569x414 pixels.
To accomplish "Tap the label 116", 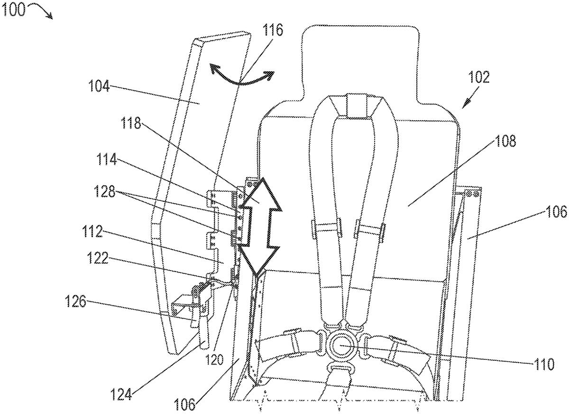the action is [x=273, y=30].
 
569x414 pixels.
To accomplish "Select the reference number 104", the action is [x=99, y=86].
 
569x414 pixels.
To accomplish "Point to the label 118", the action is [x=131, y=123].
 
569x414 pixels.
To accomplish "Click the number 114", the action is [x=107, y=160].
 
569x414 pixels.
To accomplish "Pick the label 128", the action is [x=105, y=191].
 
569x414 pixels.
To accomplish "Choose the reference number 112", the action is [x=92, y=231].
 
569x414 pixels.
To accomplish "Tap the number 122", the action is [x=98, y=258].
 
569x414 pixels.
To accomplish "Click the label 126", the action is [x=76, y=301].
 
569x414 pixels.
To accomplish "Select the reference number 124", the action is [x=121, y=395].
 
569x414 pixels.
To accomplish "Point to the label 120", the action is [x=215, y=360].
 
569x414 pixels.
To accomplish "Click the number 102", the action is [x=479, y=77].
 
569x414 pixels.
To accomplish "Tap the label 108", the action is [x=505, y=141].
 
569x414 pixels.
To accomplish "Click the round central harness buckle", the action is [x=341, y=347].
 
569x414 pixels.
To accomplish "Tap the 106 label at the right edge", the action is [x=556, y=212].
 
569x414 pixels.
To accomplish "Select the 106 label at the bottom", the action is [x=184, y=404].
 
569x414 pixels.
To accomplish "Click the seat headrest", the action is [x=360, y=64].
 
